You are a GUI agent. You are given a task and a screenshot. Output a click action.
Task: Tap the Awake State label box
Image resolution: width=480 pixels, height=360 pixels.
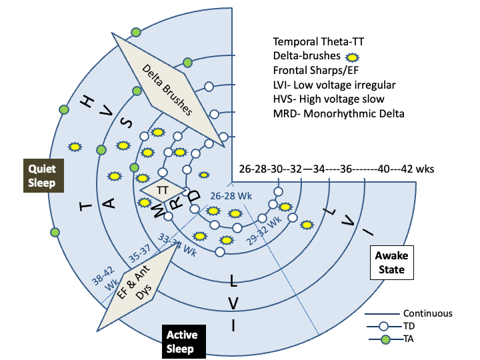tap(391, 262)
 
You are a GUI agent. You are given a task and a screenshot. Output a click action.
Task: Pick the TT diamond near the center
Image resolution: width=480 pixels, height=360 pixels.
tap(162, 190)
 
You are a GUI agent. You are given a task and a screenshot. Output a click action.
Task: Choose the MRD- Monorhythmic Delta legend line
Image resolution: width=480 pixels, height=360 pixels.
tap(338, 113)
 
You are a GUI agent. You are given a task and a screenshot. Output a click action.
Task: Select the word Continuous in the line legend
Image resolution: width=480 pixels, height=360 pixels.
tap(428, 313)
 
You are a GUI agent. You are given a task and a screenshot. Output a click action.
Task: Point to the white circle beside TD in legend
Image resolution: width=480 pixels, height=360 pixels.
tap(383, 327)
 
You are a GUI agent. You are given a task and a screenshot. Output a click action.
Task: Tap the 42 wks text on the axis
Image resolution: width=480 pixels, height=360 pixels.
tap(417, 169)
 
